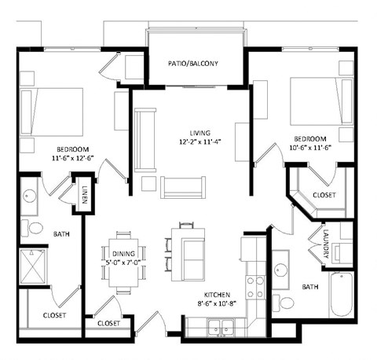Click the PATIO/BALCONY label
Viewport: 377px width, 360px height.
click(x=192, y=64)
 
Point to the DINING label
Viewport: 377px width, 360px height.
click(x=123, y=253)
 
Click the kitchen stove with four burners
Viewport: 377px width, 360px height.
click(x=255, y=287)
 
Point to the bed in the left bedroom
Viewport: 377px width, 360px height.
click(x=52, y=109)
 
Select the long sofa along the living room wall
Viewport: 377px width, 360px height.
click(x=144, y=140)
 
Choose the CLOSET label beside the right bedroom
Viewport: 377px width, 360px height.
click(x=323, y=194)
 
